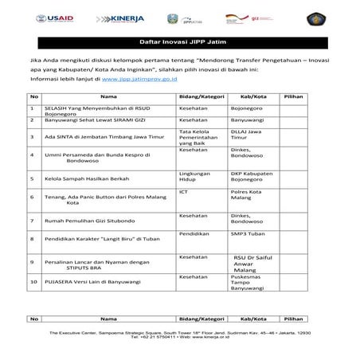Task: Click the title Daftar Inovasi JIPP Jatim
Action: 179,40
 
